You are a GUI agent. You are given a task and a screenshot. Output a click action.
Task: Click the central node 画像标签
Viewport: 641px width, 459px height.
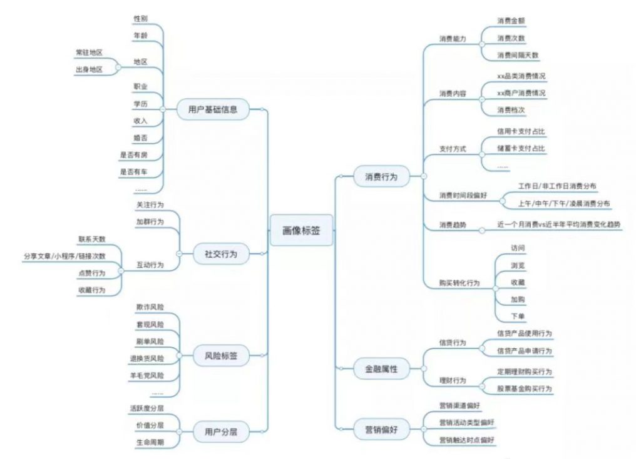coord(301,230)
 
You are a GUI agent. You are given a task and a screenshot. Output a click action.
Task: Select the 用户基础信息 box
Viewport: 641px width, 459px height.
coord(213,109)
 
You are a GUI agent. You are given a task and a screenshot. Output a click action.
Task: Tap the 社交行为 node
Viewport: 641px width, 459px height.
coord(221,254)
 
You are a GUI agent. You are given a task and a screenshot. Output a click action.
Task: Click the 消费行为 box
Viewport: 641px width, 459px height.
coord(381,177)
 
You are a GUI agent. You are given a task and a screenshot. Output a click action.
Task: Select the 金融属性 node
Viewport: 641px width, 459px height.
coord(381,369)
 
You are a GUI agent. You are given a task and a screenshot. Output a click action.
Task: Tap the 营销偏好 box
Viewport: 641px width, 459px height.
coord(381,430)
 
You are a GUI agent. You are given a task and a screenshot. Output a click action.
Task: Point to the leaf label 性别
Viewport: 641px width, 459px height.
coord(140,19)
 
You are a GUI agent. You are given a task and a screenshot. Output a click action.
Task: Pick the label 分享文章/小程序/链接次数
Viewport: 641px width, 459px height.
coord(64,256)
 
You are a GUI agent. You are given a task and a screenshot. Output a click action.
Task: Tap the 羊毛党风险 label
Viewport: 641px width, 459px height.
coord(146,375)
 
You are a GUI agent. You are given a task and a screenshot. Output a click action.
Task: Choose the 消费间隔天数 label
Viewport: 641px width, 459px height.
coord(518,55)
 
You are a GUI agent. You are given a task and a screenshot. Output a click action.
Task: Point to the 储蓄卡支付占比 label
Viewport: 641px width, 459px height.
coord(521,149)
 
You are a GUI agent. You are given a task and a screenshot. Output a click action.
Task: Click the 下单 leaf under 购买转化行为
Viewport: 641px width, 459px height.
coord(518,316)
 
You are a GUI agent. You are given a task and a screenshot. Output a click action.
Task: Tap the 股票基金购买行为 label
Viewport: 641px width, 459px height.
coord(524,389)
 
